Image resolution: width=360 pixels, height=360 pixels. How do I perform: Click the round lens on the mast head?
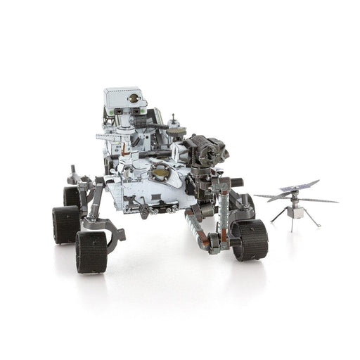tap(134, 99)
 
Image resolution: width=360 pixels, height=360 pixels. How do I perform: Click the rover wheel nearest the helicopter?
tap(249, 239)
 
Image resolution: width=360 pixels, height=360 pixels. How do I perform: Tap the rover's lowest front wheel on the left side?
tap(91, 251)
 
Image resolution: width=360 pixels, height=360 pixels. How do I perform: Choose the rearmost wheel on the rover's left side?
tap(72, 196)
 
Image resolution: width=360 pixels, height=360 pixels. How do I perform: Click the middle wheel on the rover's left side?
tap(65, 224)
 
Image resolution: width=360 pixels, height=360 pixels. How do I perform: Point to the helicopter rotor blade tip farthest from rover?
tap(337, 201)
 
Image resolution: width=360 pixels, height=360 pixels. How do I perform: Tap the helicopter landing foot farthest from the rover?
tap(319, 226)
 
